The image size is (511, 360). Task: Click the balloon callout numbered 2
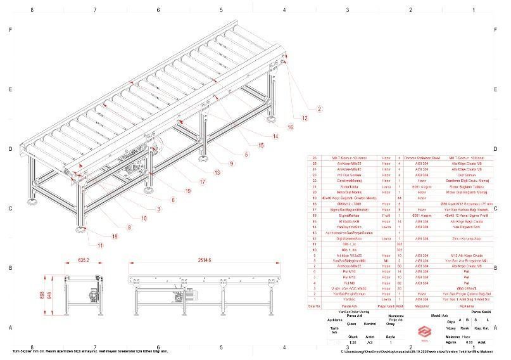click(319, 109)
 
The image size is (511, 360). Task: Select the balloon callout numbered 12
click(304, 118)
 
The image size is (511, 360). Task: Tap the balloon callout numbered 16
click(290, 127)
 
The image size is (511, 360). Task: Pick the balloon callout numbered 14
click(275, 136)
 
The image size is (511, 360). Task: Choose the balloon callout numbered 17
click(202, 182)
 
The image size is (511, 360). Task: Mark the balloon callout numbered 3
click(158, 209)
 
